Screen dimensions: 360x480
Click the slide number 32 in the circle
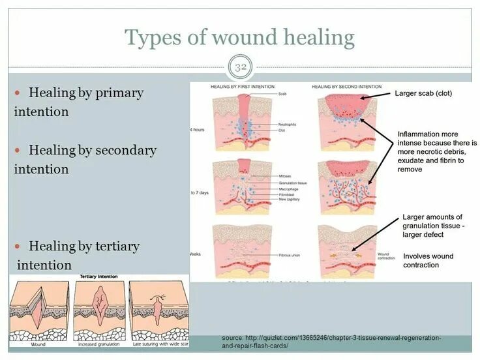240,67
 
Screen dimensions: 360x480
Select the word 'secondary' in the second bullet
126,150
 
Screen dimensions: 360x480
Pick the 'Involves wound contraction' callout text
430,260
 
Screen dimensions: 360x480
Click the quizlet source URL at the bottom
331,342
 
